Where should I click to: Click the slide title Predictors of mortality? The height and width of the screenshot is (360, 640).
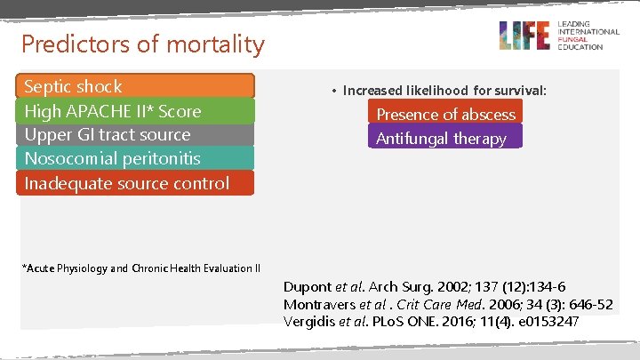142,44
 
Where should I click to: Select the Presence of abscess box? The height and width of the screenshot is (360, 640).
445,114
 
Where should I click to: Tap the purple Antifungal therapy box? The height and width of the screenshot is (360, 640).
445,138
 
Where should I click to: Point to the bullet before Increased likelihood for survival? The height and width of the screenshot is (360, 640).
332,91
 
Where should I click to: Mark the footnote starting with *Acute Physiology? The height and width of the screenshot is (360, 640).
140,268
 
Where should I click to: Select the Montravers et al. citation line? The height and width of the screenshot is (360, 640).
447,304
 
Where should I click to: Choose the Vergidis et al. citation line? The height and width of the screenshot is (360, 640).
430,321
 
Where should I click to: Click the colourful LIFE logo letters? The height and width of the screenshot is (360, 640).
524,36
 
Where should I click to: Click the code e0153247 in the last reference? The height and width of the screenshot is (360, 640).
548,321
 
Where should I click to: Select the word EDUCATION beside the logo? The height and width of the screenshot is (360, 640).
580,46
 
